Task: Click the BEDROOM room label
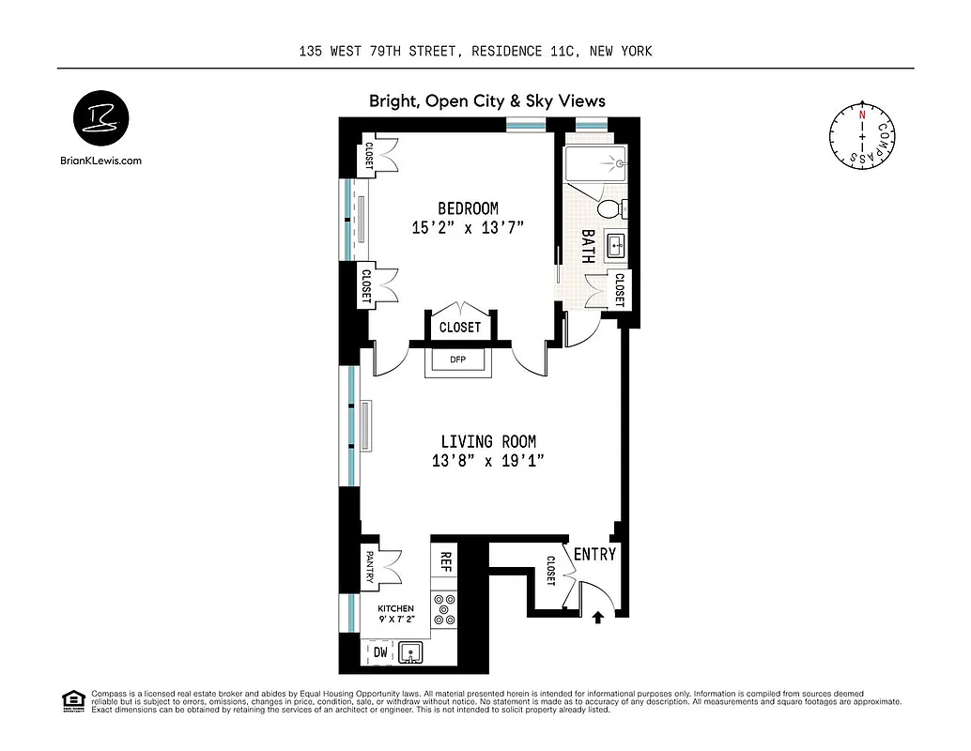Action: click(468, 208)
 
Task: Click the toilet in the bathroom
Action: click(609, 207)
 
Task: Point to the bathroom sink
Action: click(617, 246)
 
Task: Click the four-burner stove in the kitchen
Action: click(443, 610)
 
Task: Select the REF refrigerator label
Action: click(446, 562)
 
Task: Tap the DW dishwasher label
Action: click(380, 651)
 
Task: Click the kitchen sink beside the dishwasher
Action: click(410, 651)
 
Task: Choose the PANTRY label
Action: click(370, 567)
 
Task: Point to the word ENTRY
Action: click(594, 555)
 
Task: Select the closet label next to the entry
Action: click(550, 573)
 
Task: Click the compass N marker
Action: click(861, 114)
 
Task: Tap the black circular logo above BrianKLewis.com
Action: click(101, 120)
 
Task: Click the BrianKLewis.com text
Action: click(100, 161)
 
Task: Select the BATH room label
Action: click(588, 246)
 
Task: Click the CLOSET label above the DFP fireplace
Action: click(460, 328)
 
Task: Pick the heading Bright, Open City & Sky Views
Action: click(486, 101)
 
